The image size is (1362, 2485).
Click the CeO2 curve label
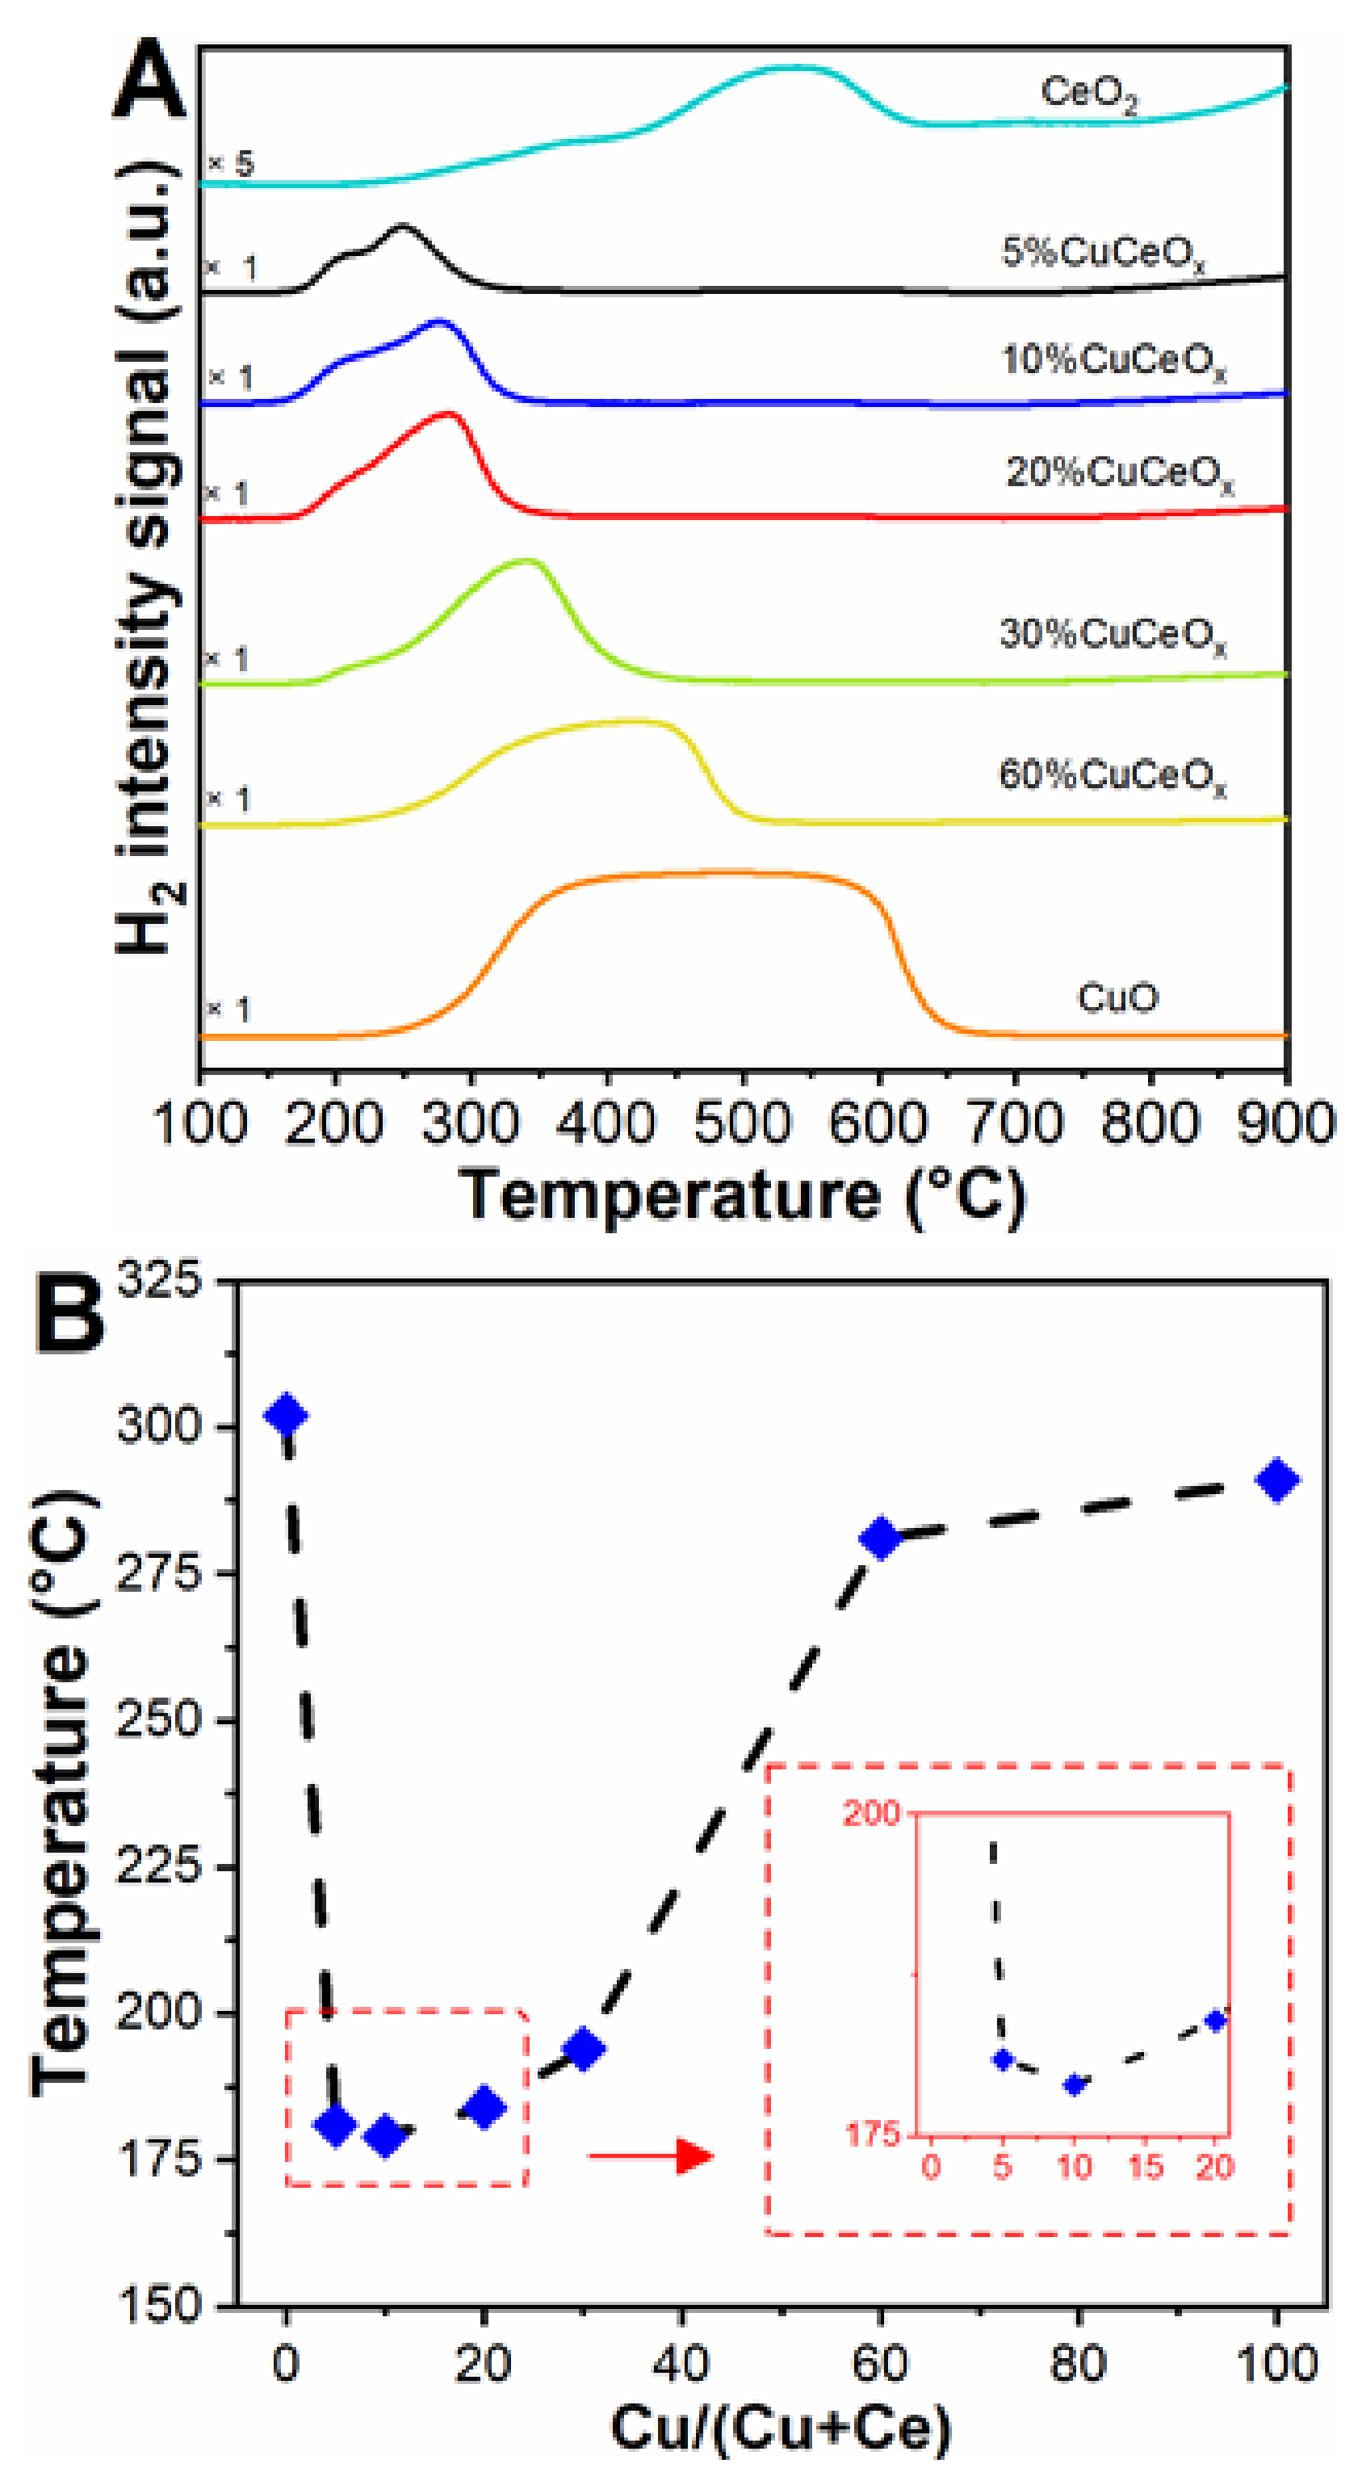pyautogui.click(x=1088, y=94)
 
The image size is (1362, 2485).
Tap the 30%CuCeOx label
pyautogui.click(x=1113, y=636)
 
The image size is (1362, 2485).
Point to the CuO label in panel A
pyautogui.click(x=1117, y=997)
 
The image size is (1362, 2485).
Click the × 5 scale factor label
pyautogui.click(x=232, y=164)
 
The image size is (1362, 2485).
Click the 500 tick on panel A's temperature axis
pyautogui.click(x=742, y=1125)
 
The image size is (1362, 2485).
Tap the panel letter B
pyautogui.click(x=69, y=1314)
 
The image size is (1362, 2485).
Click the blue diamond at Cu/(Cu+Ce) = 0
pyautogui.click(x=287, y=1415)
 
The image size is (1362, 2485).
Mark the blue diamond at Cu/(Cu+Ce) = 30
pyautogui.click(x=584, y=2048)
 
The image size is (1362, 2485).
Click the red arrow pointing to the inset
pyautogui.click(x=651, y=2156)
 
